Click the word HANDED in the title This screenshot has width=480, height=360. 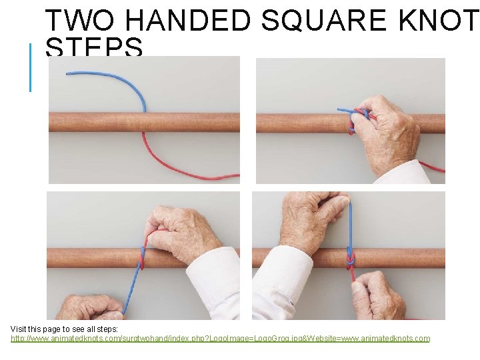tap(187, 21)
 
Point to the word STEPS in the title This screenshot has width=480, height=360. tap(94, 48)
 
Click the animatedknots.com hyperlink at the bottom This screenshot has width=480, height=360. tap(220, 339)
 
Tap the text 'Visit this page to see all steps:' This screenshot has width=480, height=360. tap(65, 329)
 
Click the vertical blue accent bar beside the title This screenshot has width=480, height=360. tap(31, 67)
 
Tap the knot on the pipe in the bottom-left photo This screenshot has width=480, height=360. tap(141, 257)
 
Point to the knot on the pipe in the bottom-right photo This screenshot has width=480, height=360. tap(350, 259)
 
